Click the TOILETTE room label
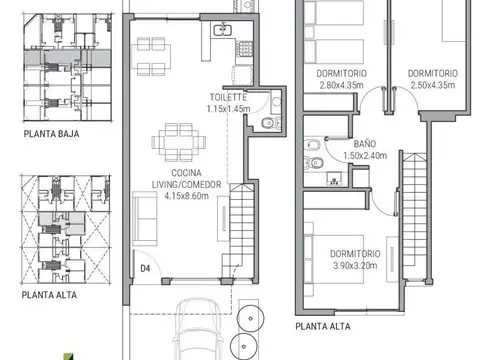pos(228,98)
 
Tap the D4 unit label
pos(145,268)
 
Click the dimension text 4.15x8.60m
pos(185,197)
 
